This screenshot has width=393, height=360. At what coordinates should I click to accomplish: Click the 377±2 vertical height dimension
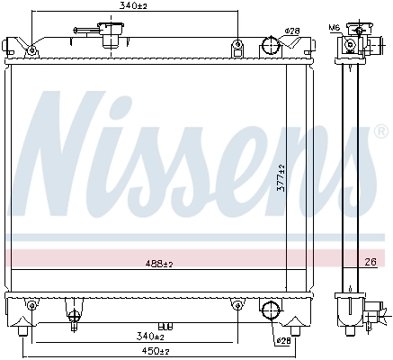281,180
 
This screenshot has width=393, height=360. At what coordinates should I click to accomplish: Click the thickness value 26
371,263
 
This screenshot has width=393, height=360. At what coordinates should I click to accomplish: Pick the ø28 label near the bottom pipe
283,341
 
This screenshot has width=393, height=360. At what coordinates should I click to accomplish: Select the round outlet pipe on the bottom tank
269,310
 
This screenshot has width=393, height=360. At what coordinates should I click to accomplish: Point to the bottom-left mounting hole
31,307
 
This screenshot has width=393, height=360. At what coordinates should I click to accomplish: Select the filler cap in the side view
355,40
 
